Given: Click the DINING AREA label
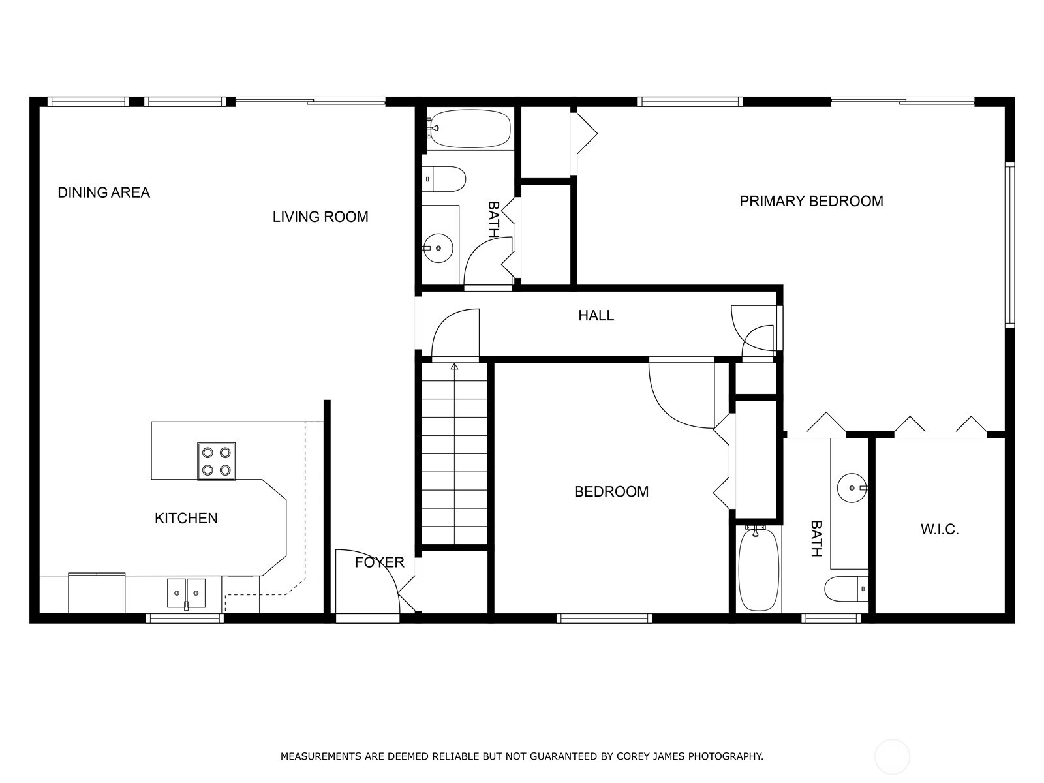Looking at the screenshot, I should (x=104, y=192).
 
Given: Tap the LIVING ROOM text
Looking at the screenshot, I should (x=320, y=217).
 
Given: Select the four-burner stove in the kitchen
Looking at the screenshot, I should (x=217, y=461).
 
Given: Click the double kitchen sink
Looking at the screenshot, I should (x=186, y=592).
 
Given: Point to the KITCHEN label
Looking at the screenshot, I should (x=186, y=518).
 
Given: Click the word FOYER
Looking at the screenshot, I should (x=379, y=562).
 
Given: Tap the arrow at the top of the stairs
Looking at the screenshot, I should (x=454, y=367).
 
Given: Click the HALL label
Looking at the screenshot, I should (x=596, y=316).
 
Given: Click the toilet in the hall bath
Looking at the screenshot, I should (x=446, y=178).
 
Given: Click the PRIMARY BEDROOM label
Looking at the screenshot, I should (x=811, y=201).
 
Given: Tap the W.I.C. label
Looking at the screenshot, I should (x=940, y=530).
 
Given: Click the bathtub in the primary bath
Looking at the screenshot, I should (x=759, y=569).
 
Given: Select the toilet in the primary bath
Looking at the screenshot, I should (x=846, y=589).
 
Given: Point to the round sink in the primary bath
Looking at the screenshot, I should (x=852, y=488).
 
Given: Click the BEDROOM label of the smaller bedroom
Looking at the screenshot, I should (x=611, y=492).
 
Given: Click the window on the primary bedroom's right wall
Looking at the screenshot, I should (x=1009, y=245).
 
